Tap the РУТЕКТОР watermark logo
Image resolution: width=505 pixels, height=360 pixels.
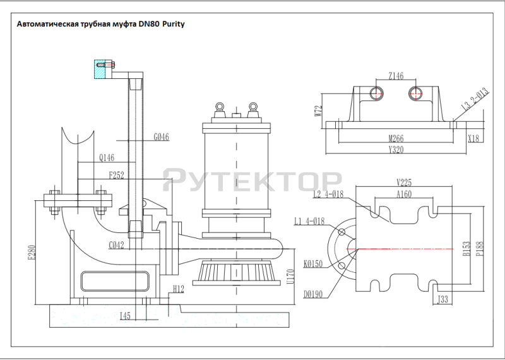(252, 180)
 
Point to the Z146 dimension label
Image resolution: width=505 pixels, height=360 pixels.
(396, 76)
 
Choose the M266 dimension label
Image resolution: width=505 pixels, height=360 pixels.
(396, 139)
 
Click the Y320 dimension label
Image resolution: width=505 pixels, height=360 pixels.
(396, 150)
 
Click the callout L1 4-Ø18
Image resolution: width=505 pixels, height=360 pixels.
(309, 221)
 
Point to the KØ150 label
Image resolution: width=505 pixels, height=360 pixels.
(312, 263)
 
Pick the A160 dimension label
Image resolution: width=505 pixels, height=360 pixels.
(405, 195)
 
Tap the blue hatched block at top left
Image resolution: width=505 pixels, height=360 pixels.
(99, 69)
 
